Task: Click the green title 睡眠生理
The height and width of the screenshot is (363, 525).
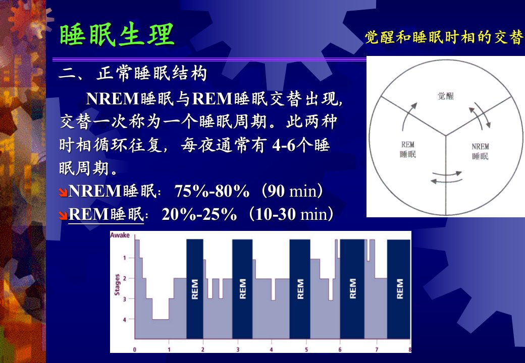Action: (x=117, y=34)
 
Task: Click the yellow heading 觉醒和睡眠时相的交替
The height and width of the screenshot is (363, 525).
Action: (x=444, y=37)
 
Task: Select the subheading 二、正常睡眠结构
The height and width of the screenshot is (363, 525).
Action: (x=133, y=73)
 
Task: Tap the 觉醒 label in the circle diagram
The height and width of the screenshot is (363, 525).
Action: (x=446, y=96)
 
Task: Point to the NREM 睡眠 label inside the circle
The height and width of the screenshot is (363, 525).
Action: (x=480, y=151)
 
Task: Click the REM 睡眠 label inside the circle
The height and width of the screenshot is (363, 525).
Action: (x=408, y=149)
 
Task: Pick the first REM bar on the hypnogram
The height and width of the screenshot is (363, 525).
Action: (x=194, y=289)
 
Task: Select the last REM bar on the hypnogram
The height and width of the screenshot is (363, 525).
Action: (x=399, y=289)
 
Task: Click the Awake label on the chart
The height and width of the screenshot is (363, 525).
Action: (x=120, y=235)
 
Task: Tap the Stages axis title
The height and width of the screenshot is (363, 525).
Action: (x=117, y=285)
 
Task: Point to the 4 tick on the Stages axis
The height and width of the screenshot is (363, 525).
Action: (x=125, y=320)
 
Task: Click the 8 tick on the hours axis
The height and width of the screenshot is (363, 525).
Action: (x=409, y=349)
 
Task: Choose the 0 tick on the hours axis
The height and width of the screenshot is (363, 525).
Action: (x=135, y=349)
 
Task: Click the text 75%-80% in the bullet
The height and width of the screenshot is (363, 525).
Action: (x=212, y=191)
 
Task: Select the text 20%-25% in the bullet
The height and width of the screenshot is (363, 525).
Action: (x=199, y=214)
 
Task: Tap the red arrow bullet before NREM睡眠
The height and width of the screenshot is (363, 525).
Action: (x=63, y=192)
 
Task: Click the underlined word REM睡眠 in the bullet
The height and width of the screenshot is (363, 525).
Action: (x=106, y=214)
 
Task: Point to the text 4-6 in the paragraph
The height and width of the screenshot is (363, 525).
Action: (x=284, y=145)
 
